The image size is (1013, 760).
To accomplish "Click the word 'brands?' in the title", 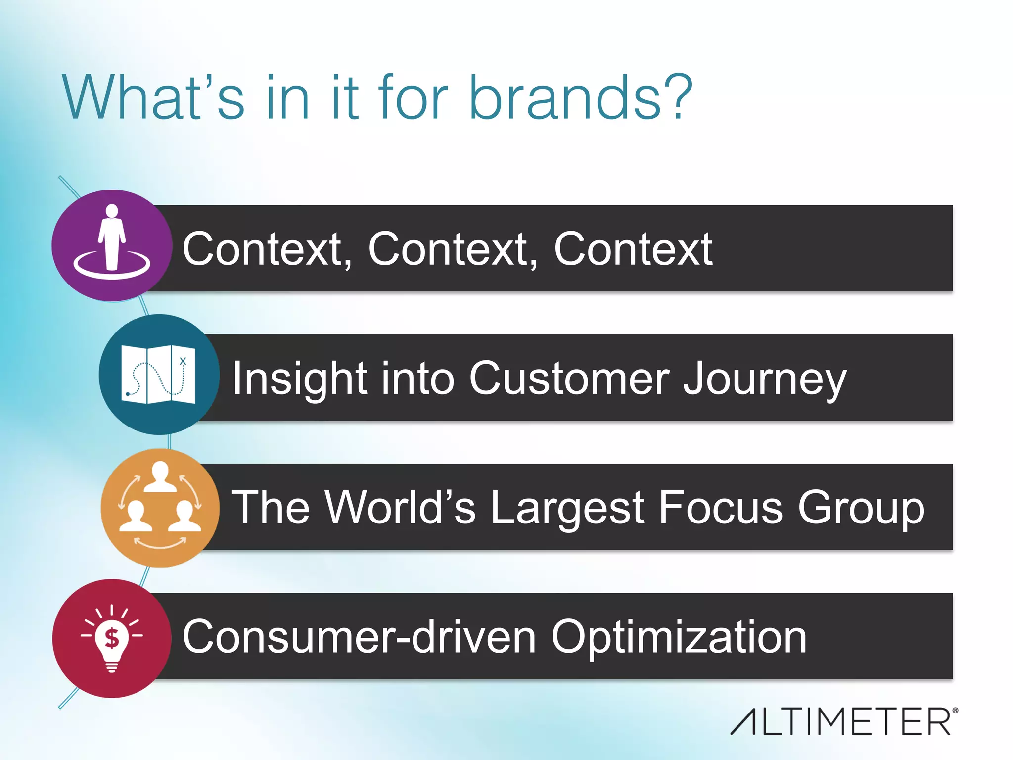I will point(580,97).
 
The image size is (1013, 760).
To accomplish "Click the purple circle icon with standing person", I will point(112,245).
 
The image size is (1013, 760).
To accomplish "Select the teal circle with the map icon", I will point(159,375).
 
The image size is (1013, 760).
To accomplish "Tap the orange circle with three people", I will point(160,508).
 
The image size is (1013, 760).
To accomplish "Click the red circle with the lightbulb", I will point(112,638).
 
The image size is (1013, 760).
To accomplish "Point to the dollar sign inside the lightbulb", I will point(112,638).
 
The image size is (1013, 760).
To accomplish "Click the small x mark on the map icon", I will point(183,361).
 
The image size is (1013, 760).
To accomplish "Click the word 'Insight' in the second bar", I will point(300,379).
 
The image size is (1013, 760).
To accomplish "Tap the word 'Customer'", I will point(569,378).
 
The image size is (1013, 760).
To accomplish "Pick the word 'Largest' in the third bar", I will point(567,508).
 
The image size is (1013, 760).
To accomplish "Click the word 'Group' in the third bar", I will point(861,508).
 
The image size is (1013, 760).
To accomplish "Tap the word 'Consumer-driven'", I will point(359,637).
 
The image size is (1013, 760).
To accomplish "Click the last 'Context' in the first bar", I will point(633,249).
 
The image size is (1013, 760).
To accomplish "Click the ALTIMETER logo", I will point(841,721).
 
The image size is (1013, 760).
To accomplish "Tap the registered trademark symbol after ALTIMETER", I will point(955,711).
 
